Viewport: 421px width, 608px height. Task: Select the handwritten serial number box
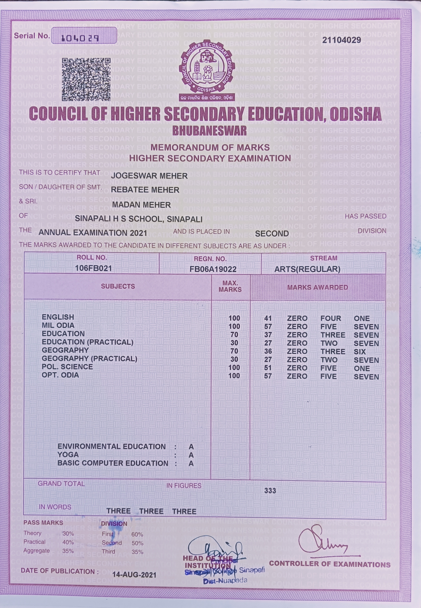[x=84, y=36]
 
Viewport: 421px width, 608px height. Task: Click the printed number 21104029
[x=341, y=40]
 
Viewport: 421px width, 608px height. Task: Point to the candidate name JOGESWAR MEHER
[x=149, y=176]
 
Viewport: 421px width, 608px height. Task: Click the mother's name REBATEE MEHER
[x=145, y=190]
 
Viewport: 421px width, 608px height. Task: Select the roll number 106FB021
[x=93, y=268]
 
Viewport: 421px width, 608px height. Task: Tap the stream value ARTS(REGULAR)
[x=307, y=269]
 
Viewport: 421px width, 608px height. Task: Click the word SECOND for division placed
[x=272, y=234]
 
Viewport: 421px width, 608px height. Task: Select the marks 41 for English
[x=268, y=318]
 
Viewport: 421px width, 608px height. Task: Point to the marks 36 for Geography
[x=268, y=351]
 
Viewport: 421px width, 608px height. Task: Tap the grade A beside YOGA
[x=191, y=455]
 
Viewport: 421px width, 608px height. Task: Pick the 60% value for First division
[x=137, y=534]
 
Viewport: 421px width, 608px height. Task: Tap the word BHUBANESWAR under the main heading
[x=209, y=131]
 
